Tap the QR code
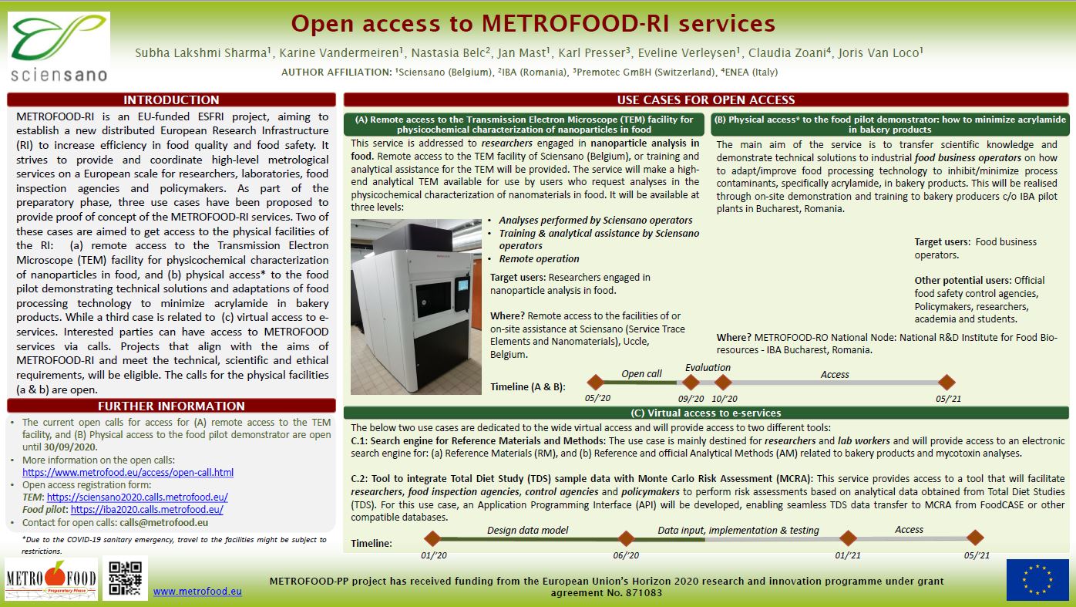125,578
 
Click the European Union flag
1037,579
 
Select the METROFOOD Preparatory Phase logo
51,578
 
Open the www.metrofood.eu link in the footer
197,592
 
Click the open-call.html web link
128,472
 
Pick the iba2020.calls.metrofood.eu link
146,509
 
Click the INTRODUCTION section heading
171,99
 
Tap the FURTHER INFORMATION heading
171,406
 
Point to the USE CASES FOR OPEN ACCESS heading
705,99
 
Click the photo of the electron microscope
416,307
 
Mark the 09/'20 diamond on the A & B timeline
691,382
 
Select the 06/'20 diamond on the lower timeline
625,538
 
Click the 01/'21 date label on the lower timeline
847,555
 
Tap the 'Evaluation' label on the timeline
708,368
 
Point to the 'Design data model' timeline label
527,530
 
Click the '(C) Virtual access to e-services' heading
705,413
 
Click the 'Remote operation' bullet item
539,258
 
